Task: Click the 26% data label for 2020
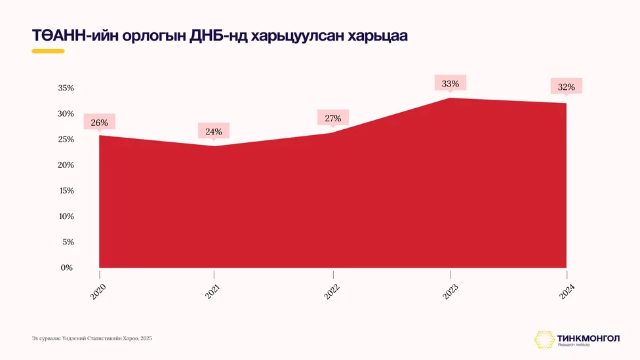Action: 100,123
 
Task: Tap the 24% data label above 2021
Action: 214,131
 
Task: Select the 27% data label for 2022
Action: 333,119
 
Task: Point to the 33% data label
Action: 450,84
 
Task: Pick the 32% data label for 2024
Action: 567,87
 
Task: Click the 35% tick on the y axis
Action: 66,88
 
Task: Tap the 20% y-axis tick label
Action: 66,165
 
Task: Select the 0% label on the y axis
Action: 66,268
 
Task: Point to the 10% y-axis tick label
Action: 66,216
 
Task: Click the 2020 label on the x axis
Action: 98,292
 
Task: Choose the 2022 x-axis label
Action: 332,292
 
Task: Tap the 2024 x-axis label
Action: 567,292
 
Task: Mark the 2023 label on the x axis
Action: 450,292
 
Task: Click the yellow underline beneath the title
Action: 48,51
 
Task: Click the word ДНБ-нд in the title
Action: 218,36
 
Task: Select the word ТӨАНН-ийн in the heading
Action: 75,36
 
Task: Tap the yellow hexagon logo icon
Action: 544,340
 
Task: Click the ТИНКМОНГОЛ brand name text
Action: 588,338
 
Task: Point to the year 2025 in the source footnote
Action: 146,338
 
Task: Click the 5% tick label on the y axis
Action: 68,242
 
